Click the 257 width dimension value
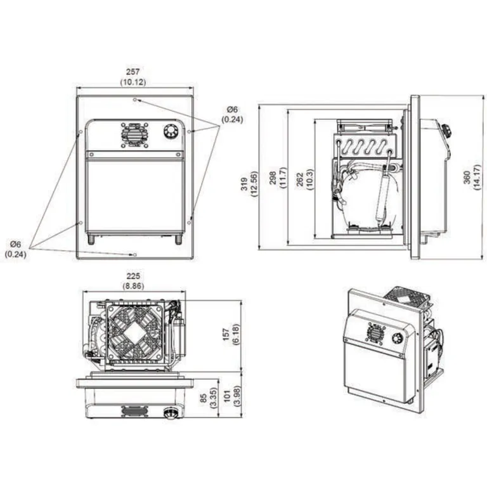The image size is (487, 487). click(134, 72)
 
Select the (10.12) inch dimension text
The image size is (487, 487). click(134, 82)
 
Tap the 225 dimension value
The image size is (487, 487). click(134, 276)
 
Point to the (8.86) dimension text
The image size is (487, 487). click(134, 286)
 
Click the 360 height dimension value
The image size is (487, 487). click(467, 178)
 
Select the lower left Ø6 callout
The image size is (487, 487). click(15, 244)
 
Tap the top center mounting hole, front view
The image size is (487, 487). click(134, 100)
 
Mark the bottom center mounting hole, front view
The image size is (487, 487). click(134, 254)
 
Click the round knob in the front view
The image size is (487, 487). click(170, 132)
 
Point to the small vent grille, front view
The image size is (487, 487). click(134, 133)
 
